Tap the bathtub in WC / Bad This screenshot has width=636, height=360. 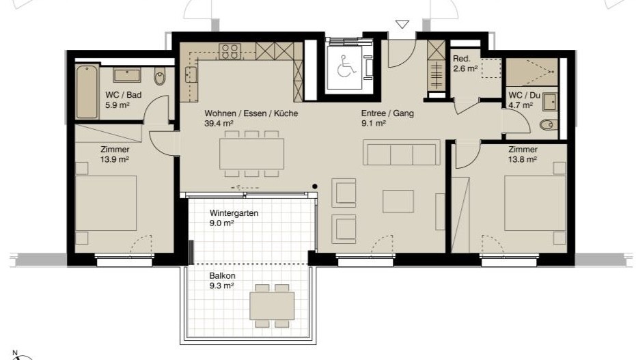pyautogui.click(x=87, y=92)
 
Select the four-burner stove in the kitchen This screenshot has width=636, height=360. pyautogui.click(x=230, y=51)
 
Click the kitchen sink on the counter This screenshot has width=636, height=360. pyautogui.click(x=191, y=74)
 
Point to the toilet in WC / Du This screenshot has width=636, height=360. pyautogui.click(x=547, y=125)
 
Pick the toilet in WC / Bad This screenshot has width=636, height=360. pyautogui.click(x=160, y=77)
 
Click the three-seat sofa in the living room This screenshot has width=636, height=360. pyautogui.click(x=401, y=152)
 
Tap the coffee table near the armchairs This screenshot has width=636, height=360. pyautogui.click(x=398, y=202)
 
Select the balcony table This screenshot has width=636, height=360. pyautogui.click(x=272, y=305)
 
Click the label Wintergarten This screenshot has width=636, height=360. pyautogui.click(x=234, y=213)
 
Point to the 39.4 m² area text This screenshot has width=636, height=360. pyautogui.click(x=219, y=123)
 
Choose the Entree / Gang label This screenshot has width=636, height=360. pyautogui.click(x=387, y=113)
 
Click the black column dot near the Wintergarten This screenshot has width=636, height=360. pyautogui.click(x=315, y=186)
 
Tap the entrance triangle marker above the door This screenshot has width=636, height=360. pyautogui.click(x=402, y=25)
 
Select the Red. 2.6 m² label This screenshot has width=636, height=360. pyautogui.click(x=465, y=64)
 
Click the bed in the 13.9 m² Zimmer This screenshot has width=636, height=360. pyautogui.click(x=105, y=203)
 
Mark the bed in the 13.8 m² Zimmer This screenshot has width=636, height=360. pyautogui.click(x=535, y=203)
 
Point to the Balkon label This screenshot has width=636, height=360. pyautogui.click(x=222, y=276)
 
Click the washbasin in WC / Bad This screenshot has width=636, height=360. pyautogui.click(x=127, y=75)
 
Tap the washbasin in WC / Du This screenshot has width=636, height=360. pyautogui.click(x=550, y=102)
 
